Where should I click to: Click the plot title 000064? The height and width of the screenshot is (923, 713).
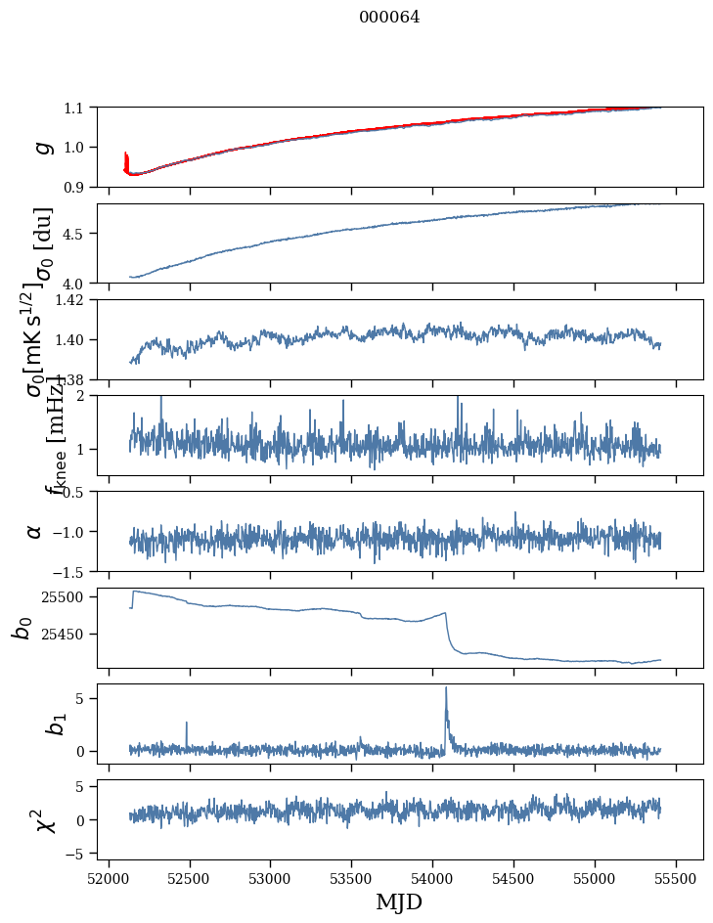389,18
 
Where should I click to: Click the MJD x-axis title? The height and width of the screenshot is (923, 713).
399,902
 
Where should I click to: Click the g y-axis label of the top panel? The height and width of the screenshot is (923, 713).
41,147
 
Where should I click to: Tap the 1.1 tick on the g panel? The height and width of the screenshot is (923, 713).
75,108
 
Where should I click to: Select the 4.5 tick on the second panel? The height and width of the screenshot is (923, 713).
75,234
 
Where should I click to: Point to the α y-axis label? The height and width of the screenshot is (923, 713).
34,531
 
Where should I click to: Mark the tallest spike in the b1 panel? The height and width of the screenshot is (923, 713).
446,688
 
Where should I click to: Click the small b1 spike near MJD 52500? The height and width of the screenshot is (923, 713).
186,724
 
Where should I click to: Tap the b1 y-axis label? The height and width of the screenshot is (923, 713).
35,724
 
